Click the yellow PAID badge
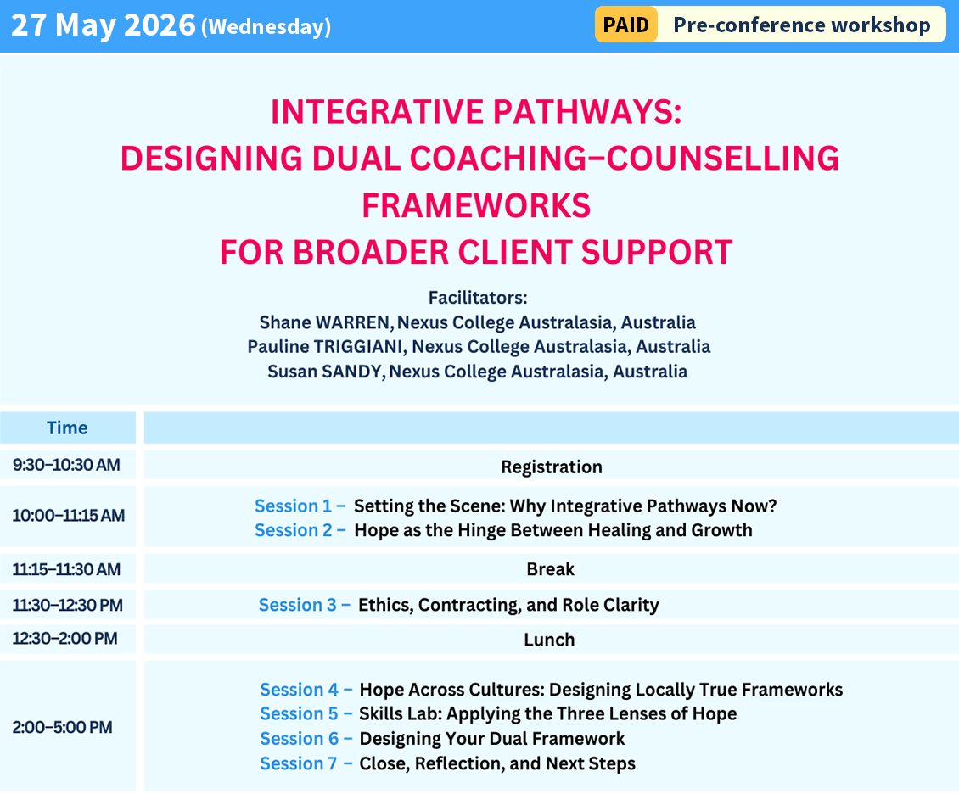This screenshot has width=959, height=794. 625,25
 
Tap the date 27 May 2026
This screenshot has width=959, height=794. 104,25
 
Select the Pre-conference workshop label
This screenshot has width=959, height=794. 801,25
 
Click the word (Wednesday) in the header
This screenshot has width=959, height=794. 266,27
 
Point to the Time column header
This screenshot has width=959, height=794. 67,428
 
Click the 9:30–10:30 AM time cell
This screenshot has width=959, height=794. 66,465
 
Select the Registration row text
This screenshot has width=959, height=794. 551,467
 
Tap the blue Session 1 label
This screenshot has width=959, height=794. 300,506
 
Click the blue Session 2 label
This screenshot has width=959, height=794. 300,530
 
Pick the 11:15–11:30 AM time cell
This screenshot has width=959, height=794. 66,569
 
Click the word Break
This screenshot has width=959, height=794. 550,569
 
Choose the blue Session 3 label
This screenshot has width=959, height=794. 304,605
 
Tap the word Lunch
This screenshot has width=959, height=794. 549,640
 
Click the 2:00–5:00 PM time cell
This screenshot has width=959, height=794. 62,727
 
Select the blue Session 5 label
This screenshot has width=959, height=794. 306,713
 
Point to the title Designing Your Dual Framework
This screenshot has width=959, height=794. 491,738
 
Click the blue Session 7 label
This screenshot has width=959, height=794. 306,763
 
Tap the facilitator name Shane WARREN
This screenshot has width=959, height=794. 326,322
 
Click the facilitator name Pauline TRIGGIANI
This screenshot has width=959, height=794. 326,347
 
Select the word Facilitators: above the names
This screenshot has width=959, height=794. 478,298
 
